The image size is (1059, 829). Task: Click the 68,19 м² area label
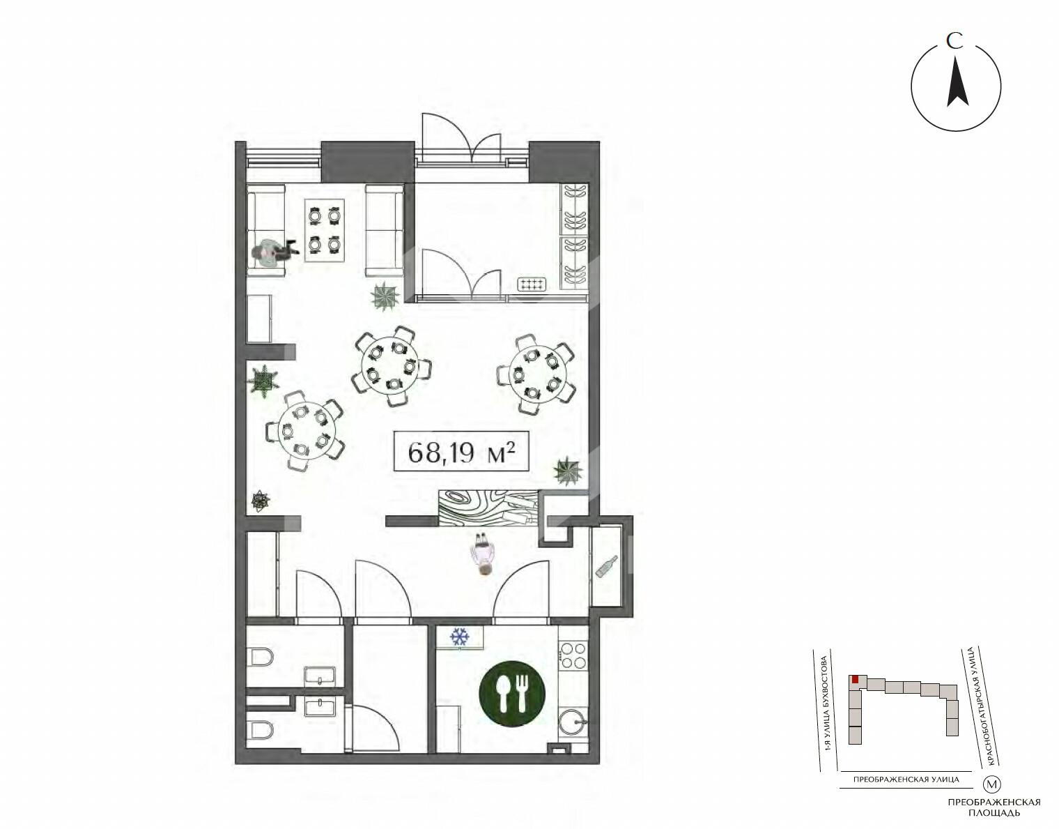pos(461,451)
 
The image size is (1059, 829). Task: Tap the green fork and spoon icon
pos(511,693)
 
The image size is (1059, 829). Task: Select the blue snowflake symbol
pos(459,637)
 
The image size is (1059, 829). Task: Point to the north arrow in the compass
pos(957,89)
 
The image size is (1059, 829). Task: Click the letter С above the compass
pos(955,41)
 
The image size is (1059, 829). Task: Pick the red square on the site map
pos(855,679)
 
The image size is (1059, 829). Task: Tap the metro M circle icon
pos(991,784)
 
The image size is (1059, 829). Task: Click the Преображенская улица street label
pos(906,779)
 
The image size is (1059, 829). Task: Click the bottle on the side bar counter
pos(607,566)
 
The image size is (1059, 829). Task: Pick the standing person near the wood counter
pos(482,554)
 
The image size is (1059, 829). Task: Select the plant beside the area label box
pos(568,471)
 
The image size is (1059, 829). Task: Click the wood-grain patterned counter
pos(489,508)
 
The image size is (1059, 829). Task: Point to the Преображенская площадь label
pos(994,807)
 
